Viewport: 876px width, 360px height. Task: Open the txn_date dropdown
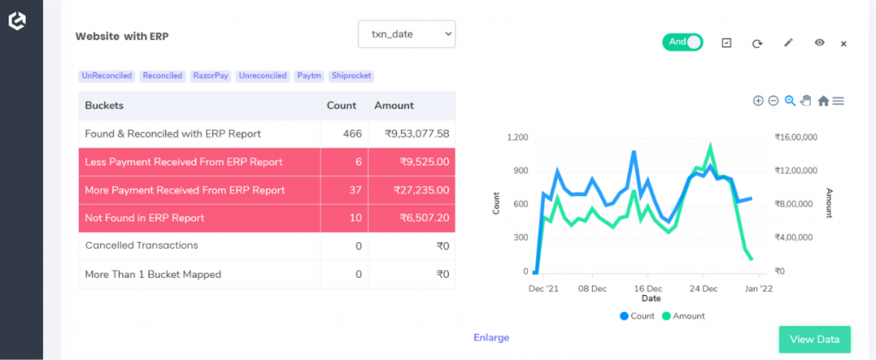[406, 34]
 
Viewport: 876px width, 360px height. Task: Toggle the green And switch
[682, 42]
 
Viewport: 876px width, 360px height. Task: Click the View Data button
[814, 339]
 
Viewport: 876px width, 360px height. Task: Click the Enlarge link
[491, 338]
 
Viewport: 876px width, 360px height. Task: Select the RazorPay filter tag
[210, 76]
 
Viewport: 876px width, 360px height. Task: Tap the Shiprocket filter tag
[351, 76]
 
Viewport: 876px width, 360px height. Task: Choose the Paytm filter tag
[308, 76]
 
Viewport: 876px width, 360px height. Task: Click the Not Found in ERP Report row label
[145, 218]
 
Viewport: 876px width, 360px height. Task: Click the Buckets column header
[104, 106]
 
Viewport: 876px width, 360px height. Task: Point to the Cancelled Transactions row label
[141, 245]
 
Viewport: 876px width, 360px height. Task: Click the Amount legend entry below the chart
[686, 316]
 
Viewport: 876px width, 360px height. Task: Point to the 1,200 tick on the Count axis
[518, 138]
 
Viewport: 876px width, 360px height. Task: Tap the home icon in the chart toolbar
[823, 101]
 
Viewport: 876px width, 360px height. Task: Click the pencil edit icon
[789, 43]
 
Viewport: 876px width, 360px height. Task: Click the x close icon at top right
[843, 44]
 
